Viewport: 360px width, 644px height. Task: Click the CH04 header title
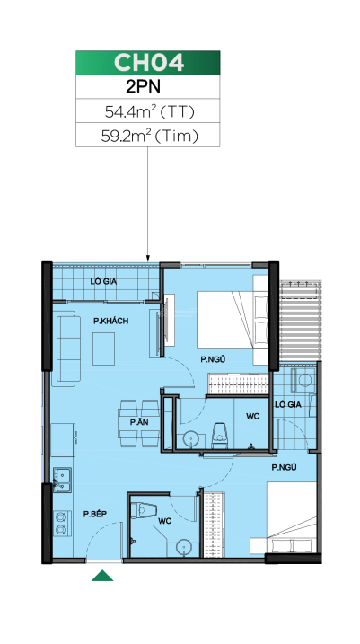click(x=148, y=63)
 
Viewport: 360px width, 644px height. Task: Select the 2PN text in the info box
click(x=143, y=87)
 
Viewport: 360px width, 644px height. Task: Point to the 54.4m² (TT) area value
click(x=149, y=111)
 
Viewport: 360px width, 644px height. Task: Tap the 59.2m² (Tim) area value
click(x=149, y=136)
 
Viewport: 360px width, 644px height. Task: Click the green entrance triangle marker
click(x=102, y=576)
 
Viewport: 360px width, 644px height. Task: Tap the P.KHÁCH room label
click(x=110, y=321)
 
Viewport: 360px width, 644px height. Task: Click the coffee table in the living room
click(x=103, y=348)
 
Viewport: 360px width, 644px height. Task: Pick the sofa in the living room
click(x=66, y=348)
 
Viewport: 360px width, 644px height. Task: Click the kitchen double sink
click(x=62, y=480)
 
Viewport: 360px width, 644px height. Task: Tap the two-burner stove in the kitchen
click(x=60, y=523)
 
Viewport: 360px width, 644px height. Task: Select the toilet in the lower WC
click(x=144, y=510)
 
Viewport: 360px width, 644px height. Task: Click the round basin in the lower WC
click(x=183, y=547)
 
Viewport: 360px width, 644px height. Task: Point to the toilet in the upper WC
click(x=219, y=436)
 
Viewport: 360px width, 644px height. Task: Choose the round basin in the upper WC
click(x=190, y=438)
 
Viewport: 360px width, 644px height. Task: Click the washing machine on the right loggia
click(x=303, y=380)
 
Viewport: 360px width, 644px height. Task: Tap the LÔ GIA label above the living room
click(x=103, y=282)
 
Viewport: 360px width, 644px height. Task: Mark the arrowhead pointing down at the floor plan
click(x=148, y=258)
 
